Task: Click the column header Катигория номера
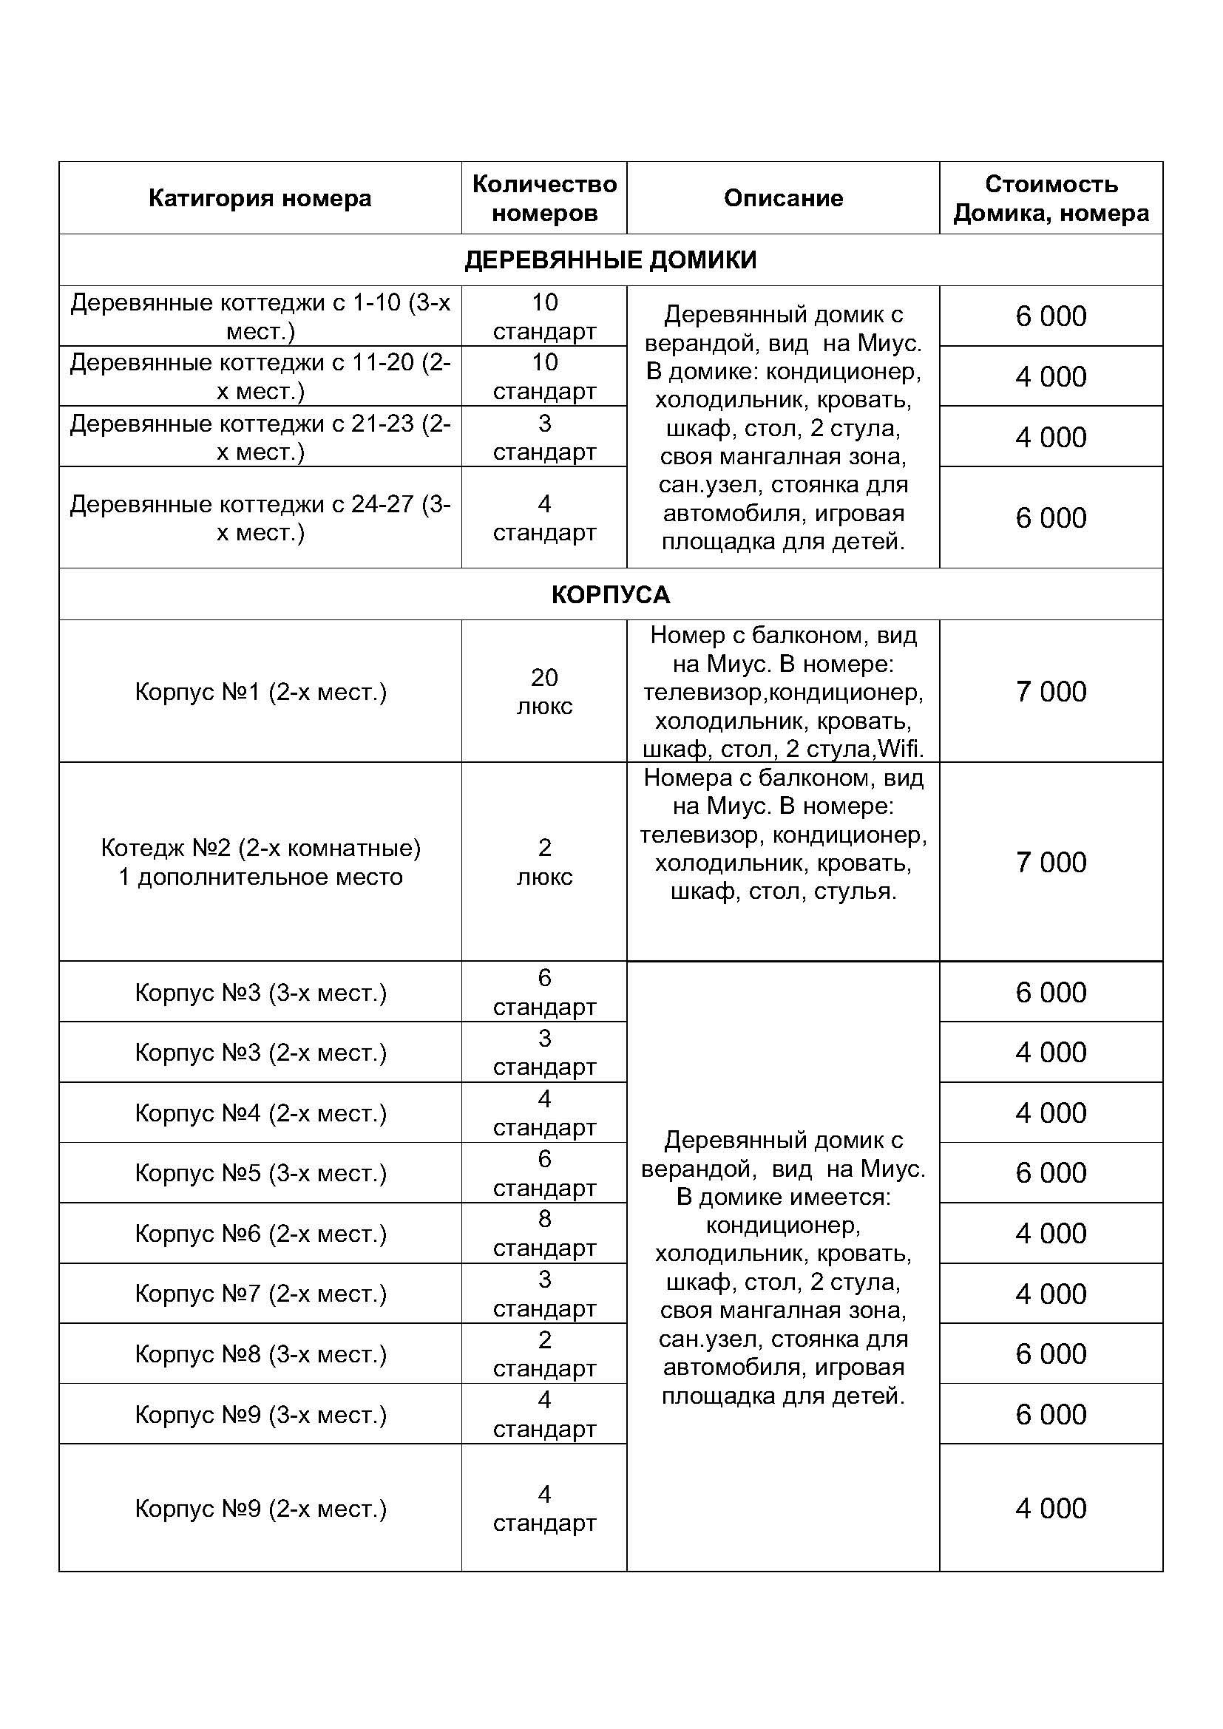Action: (260, 198)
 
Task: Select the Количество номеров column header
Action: (543, 198)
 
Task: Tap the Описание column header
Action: (783, 198)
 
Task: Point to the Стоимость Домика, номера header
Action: (1051, 198)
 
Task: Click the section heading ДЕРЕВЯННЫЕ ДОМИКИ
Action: (611, 259)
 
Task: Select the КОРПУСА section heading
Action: (611, 594)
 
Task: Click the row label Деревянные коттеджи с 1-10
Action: (260, 316)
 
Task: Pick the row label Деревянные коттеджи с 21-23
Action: (260, 437)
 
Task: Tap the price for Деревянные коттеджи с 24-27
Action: (1051, 517)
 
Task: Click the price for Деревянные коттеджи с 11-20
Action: (1051, 376)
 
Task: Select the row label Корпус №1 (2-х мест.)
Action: (260, 691)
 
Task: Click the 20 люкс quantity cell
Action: (543, 691)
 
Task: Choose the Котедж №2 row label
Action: (260, 861)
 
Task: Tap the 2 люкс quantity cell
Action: (543, 861)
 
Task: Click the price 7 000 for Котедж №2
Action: (1051, 861)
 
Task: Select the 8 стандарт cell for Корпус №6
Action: (543, 1233)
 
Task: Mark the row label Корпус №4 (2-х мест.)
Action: (260, 1113)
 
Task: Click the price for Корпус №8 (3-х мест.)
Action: (1051, 1353)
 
